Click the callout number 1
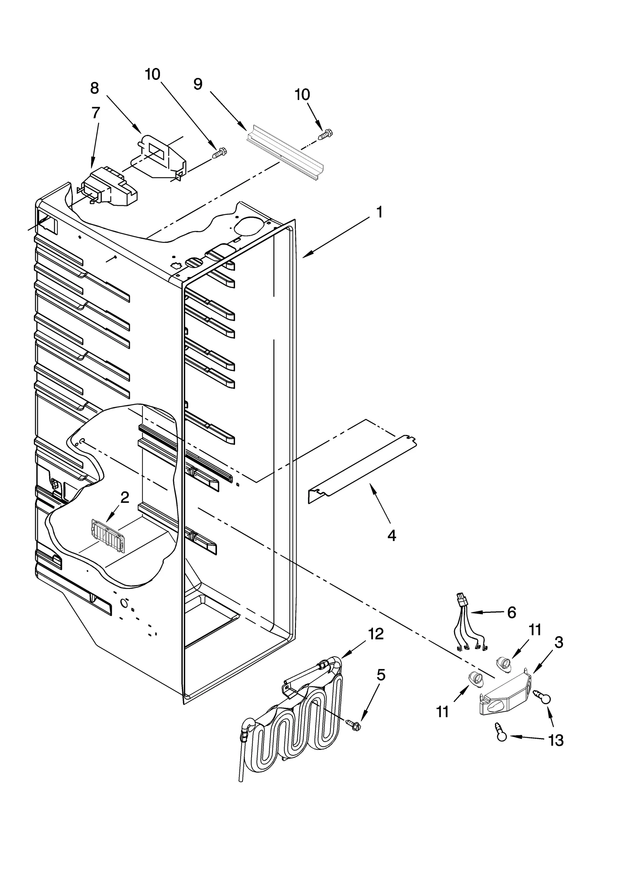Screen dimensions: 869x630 [x=379, y=212]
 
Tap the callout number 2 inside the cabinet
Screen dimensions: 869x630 [x=124, y=498]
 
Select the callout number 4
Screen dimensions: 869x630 [x=391, y=535]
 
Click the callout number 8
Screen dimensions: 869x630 [x=94, y=88]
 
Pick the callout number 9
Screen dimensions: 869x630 [x=198, y=83]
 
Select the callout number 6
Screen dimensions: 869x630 [x=511, y=612]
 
